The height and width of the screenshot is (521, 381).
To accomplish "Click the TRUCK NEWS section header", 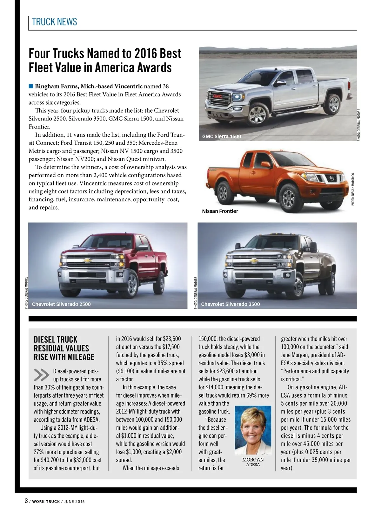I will pyautogui.click(x=54, y=22).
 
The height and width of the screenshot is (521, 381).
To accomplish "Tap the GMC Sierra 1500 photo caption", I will pyautogui.click(x=222, y=136).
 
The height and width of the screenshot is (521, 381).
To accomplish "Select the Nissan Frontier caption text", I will pyautogui.click(x=220, y=211).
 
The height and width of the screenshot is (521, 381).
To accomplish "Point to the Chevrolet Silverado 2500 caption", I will pyautogui.click(x=61, y=304).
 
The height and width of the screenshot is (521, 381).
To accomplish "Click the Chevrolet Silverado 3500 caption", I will pyautogui.click(x=231, y=304).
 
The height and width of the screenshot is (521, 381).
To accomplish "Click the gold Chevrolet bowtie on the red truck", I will pyautogui.click(x=86, y=260).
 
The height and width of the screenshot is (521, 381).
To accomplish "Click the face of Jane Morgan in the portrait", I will pyautogui.click(x=253, y=424).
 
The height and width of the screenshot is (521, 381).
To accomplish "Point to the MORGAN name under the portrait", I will pyautogui.click(x=253, y=460).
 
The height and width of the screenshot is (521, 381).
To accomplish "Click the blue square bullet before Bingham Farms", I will pyautogui.click(x=31, y=86).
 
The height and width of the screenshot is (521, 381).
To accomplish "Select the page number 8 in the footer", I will pyautogui.click(x=26, y=501).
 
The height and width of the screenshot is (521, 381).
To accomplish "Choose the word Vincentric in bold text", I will pyautogui.click(x=129, y=86).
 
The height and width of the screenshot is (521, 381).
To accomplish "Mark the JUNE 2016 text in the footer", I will pyautogui.click(x=74, y=502).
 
